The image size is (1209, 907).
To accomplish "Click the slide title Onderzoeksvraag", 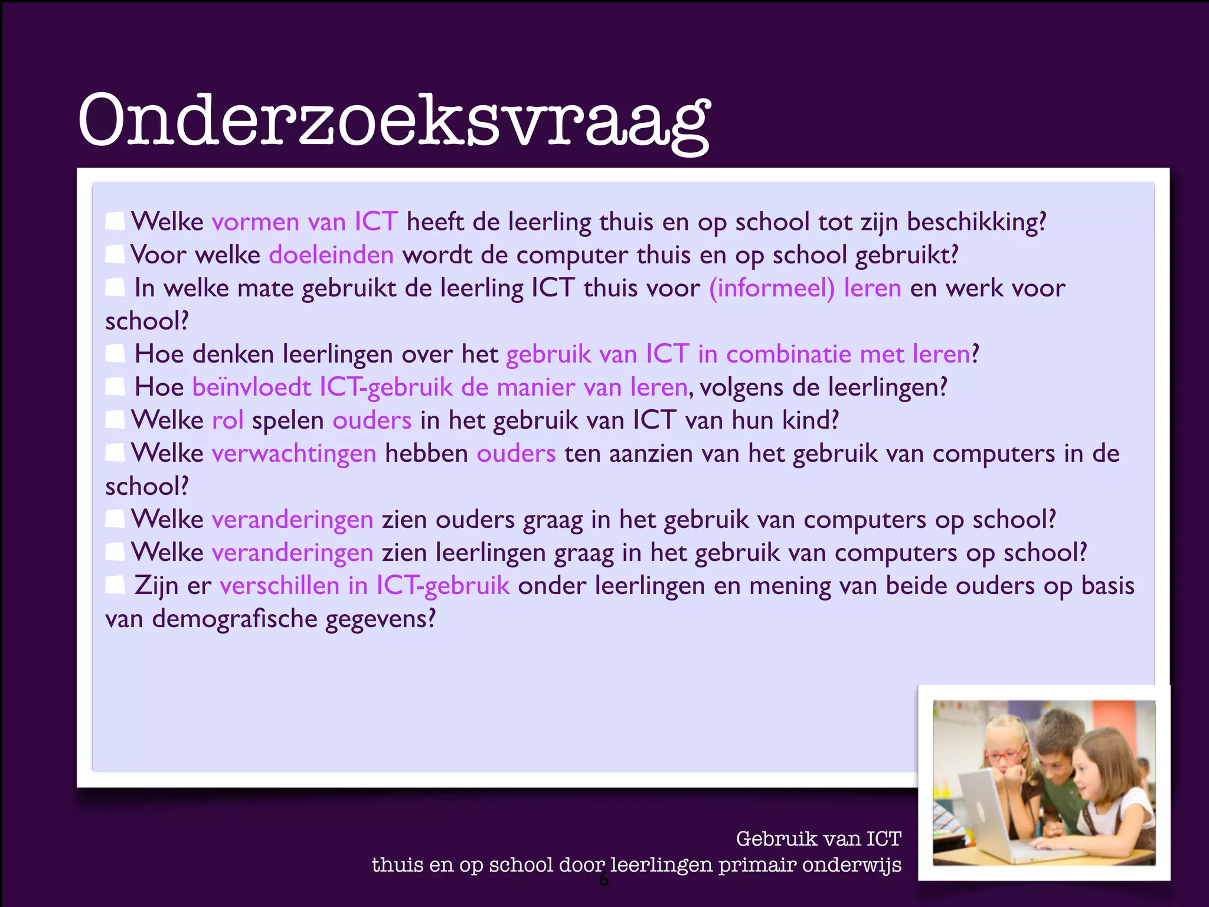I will click(394, 121).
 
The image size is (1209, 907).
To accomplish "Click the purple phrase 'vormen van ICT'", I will click(305, 222).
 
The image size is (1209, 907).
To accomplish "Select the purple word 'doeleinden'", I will click(331, 255).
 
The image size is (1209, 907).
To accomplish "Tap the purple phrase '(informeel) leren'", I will click(805, 288).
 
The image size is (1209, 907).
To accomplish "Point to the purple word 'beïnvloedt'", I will click(251, 387).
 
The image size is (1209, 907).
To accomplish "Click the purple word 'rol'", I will click(227, 420).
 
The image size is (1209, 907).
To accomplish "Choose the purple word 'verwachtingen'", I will click(294, 453).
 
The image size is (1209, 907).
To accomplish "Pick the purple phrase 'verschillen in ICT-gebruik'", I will click(364, 586).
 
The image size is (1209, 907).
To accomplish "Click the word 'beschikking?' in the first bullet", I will click(976, 222).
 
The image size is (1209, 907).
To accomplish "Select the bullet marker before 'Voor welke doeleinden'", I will click(115, 255).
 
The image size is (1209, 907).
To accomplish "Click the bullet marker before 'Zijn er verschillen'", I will click(115, 585).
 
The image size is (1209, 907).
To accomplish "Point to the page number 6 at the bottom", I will click(603, 880).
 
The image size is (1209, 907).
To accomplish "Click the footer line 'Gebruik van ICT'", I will click(819, 839).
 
